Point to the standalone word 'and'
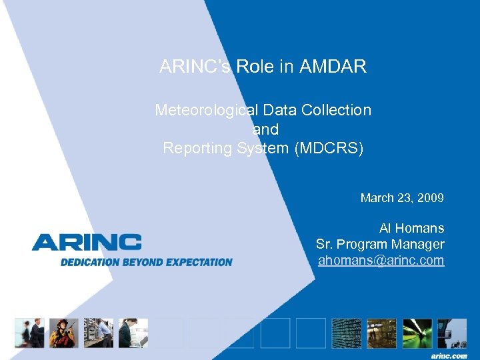(x=265, y=129)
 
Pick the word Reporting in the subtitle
(x=197, y=148)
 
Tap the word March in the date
(x=377, y=198)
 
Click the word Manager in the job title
(x=416, y=244)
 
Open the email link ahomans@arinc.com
(x=381, y=260)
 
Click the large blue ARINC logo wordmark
(x=87, y=242)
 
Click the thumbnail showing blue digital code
(x=347, y=333)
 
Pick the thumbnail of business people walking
(x=29, y=333)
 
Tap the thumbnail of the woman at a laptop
(x=133, y=333)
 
